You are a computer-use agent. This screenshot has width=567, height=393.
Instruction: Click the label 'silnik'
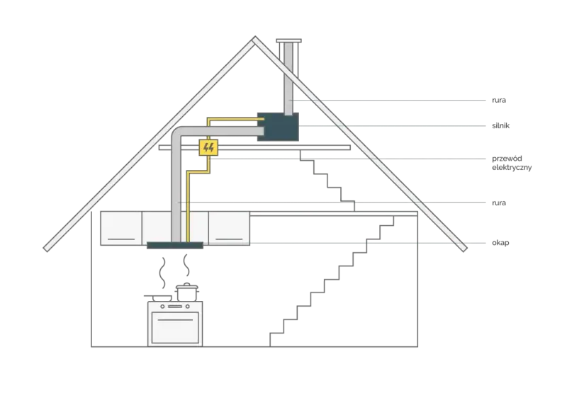500,126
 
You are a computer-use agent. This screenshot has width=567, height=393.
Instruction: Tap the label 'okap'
500,243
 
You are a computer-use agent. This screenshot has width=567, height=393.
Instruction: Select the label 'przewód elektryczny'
512,163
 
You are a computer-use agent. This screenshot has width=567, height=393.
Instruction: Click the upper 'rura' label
499,100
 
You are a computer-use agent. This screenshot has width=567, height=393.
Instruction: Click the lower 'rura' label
499,203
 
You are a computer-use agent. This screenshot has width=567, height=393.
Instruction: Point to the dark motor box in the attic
278,127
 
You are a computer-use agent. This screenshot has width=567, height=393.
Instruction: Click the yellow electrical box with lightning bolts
208,147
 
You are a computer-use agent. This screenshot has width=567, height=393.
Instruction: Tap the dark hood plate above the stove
175,246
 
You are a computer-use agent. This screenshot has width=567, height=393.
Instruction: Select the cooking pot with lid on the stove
187,292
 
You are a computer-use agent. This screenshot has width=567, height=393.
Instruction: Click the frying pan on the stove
158,297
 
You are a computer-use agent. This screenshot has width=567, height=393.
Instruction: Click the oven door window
175,327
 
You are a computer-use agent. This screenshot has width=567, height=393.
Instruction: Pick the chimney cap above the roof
288,41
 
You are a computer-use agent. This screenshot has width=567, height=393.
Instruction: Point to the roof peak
255,37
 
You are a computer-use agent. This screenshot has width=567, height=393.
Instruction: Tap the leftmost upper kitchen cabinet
121,228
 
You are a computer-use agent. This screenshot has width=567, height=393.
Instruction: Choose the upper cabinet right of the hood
229,228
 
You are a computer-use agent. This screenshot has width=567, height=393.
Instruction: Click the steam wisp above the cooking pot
186,265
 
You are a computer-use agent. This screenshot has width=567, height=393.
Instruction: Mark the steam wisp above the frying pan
163,273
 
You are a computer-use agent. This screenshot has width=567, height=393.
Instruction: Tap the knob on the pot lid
187,284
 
